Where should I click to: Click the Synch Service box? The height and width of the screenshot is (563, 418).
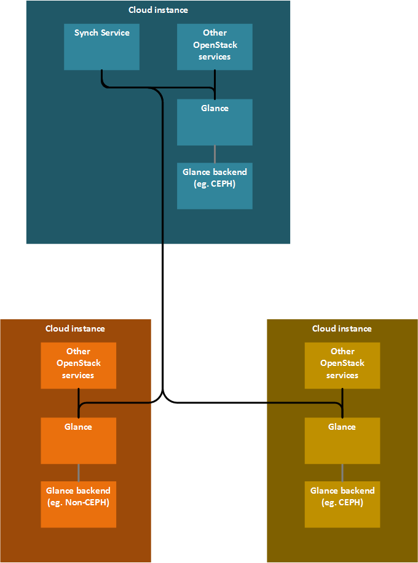pyautogui.click(x=101, y=47)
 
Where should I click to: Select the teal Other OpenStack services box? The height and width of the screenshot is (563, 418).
pyautogui.click(x=215, y=47)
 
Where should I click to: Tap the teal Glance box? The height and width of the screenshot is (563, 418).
pyautogui.click(x=215, y=122)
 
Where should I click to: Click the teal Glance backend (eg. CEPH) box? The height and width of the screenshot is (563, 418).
pyautogui.click(x=215, y=186)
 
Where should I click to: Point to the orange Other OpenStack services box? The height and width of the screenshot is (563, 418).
pyautogui.click(x=78, y=365)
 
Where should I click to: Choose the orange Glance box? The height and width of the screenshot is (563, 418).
pyautogui.click(x=78, y=441)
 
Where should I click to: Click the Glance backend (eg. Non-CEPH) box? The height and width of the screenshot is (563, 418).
pyautogui.click(x=78, y=505)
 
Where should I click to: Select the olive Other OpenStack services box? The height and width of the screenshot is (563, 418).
pyautogui.click(x=342, y=365)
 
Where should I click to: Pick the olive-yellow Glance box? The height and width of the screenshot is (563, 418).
pyautogui.click(x=342, y=441)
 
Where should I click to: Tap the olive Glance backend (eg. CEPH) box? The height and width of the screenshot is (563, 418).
pyautogui.click(x=342, y=505)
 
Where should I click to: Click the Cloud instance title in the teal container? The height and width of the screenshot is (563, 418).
pyautogui.click(x=158, y=10)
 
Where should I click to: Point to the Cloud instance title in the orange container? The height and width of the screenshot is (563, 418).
pyautogui.click(x=75, y=328)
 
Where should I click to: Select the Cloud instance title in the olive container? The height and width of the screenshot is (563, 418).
pyautogui.click(x=342, y=328)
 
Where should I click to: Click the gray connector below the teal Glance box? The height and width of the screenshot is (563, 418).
pyautogui.click(x=215, y=154)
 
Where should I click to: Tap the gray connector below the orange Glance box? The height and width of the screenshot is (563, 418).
pyautogui.click(x=78, y=473)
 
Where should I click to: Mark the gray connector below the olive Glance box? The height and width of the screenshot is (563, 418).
pyautogui.click(x=342, y=473)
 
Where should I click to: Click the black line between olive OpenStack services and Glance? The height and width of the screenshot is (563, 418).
pyautogui.click(x=342, y=396)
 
